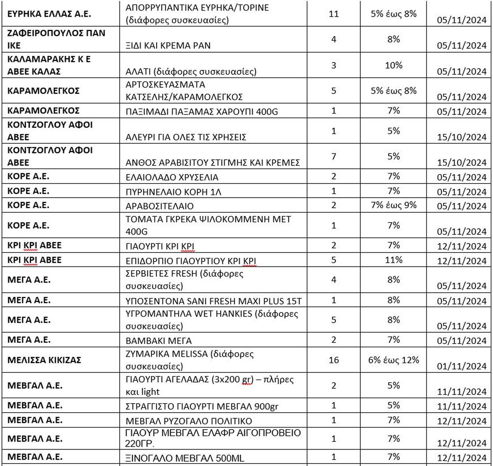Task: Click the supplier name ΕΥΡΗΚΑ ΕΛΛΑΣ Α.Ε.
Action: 49,14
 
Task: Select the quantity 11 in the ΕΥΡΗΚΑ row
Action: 334,14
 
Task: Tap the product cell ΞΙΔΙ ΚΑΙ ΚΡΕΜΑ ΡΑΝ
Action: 168,46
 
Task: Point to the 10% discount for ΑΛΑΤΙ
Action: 394,65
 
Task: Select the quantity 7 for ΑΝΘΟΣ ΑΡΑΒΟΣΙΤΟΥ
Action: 334,156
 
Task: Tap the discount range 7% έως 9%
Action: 394,204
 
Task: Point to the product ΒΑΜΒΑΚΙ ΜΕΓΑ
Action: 158,341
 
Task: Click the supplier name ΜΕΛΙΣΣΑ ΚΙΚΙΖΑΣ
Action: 44,360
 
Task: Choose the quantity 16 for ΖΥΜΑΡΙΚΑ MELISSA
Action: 334,360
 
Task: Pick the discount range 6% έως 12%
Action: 394,360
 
